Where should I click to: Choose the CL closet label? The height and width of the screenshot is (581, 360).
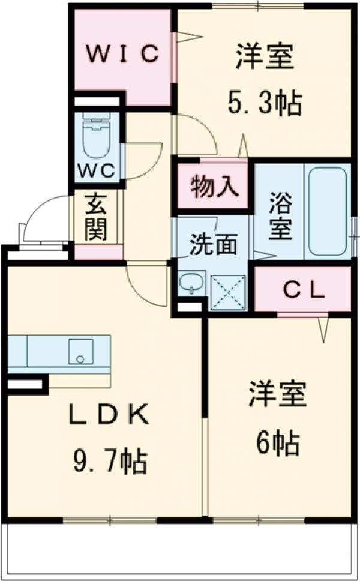[x=304, y=291]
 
